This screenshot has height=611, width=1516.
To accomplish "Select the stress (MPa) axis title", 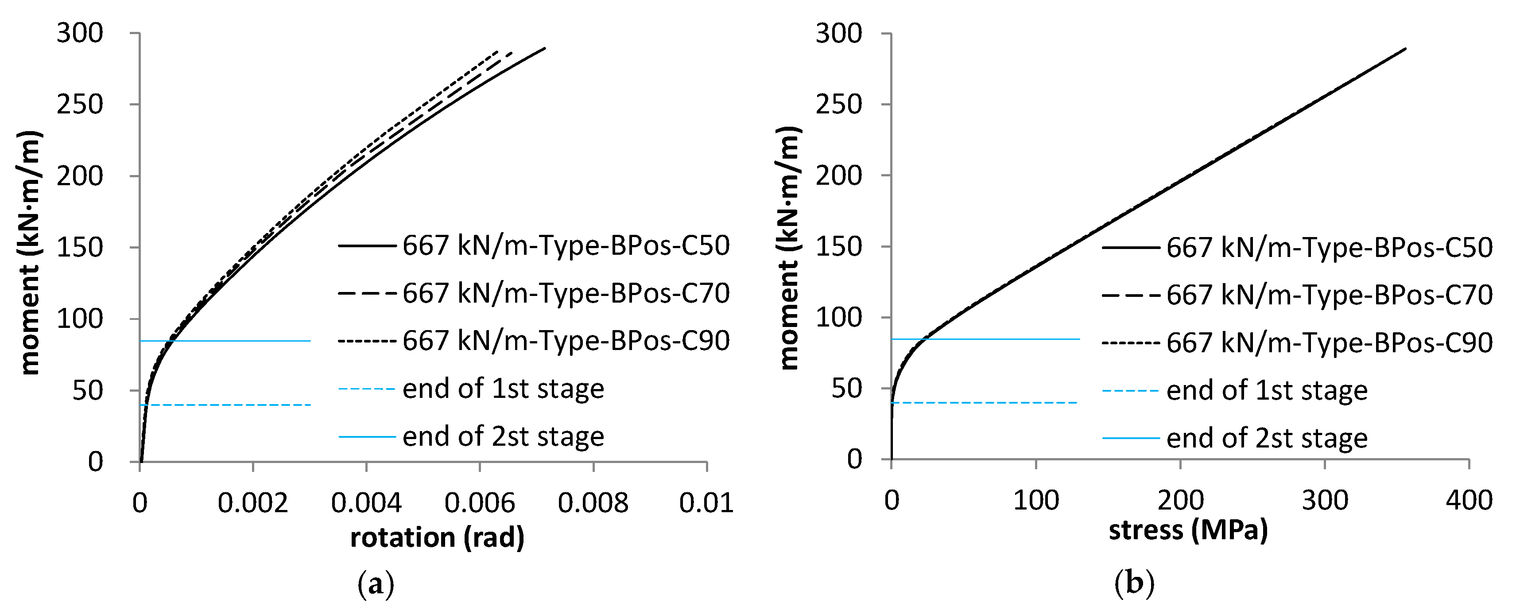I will (1188, 530).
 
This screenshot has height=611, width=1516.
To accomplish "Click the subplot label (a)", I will (376, 584).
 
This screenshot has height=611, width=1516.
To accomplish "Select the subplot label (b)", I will (1134, 584).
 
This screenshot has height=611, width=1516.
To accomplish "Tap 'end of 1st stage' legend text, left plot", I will (503, 389).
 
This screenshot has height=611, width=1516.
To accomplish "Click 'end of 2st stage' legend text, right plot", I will (1267, 439).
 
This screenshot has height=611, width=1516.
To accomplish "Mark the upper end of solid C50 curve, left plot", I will (544, 48).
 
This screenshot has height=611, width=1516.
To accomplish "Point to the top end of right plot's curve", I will (1405, 48).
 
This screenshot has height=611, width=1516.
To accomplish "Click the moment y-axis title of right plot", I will (789, 247).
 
